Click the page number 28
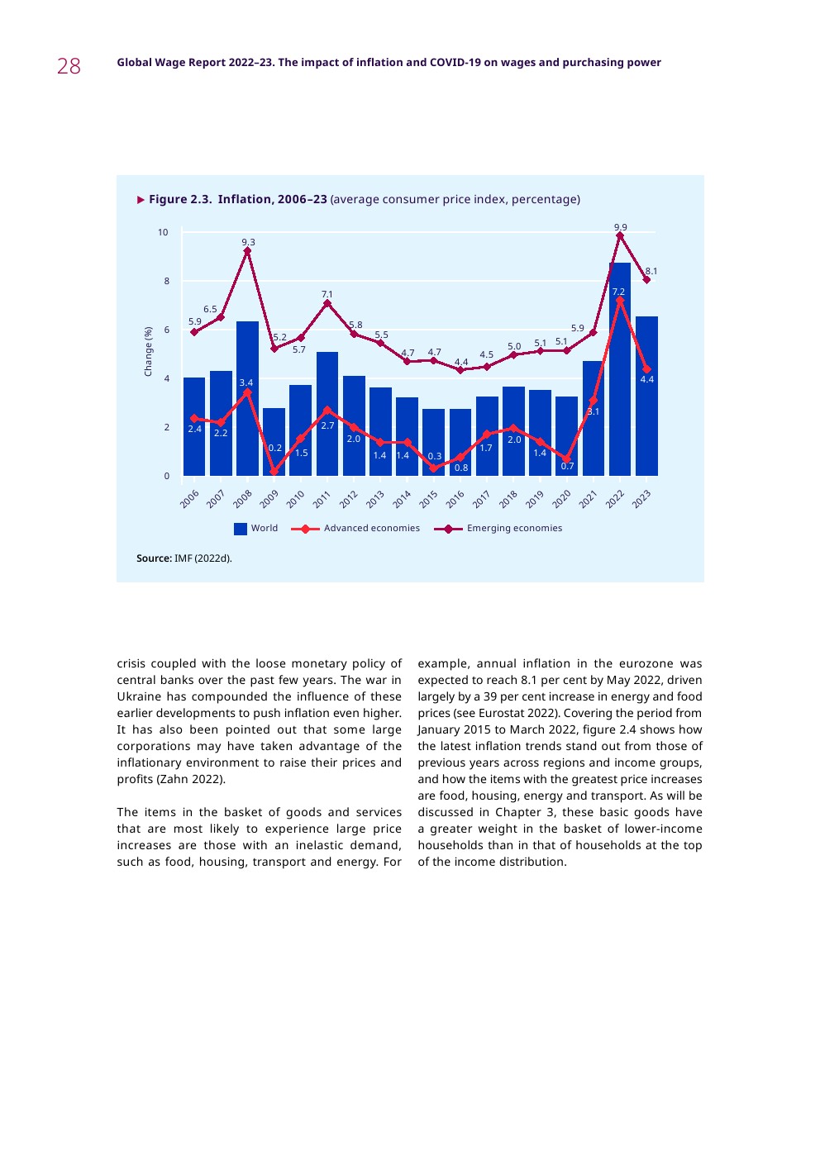(x=69, y=66)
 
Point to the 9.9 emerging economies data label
(x=620, y=226)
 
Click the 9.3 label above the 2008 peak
(x=248, y=242)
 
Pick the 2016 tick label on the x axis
(x=455, y=499)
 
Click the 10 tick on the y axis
(x=163, y=233)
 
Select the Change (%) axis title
(x=149, y=351)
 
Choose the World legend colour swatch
(x=241, y=529)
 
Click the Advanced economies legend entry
(x=371, y=529)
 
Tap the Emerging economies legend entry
(x=513, y=529)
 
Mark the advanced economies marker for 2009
(x=274, y=472)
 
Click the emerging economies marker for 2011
(x=327, y=303)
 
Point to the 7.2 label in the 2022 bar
(x=618, y=292)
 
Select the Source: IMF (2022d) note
(x=184, y=558)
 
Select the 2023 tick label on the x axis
(x=641, y=499)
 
